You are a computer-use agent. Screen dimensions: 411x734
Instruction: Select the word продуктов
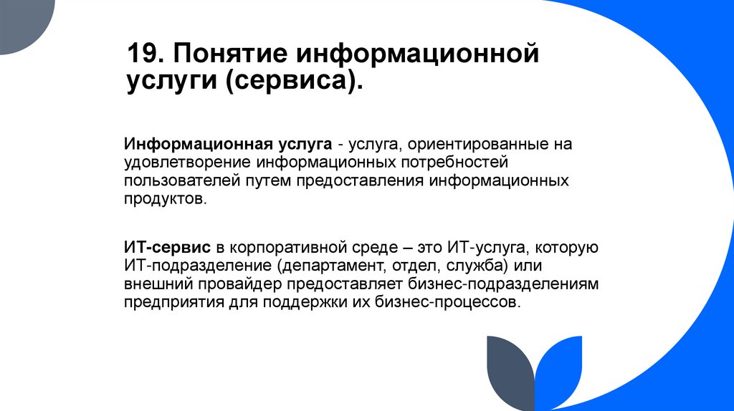(x=164, y=199)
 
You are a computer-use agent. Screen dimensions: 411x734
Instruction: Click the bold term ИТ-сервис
(x=167, y=248)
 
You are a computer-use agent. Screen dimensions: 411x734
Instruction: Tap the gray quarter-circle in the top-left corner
(x=22, y=20)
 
